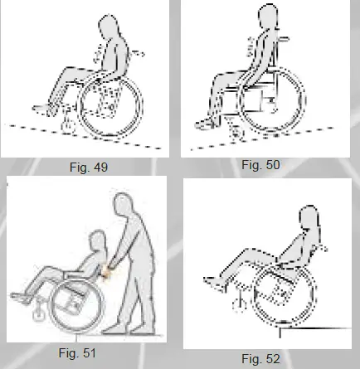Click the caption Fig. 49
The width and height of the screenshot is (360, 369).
pyautogui.click(x=90, y=167)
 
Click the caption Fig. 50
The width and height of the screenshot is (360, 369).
pyautogui.click(x=261, y=165)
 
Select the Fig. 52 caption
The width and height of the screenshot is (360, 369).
pyautogui.click(x=262, y=358)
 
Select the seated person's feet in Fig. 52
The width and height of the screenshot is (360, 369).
pyautogui.click(x=214, y=284)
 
